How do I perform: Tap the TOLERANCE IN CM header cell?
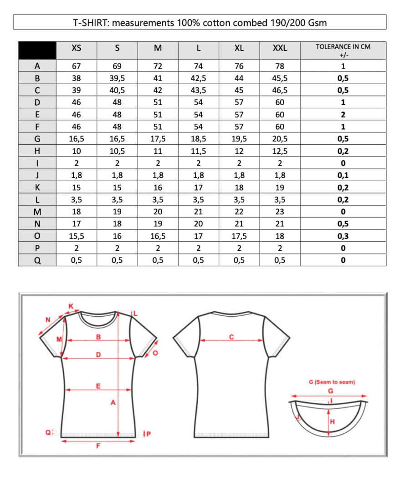point(343,50)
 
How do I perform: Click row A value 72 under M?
point(158,66)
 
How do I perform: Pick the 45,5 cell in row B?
point(280,78)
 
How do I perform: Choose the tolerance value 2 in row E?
point(343,115)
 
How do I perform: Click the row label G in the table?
point(37,139)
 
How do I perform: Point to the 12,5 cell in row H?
point(280,151)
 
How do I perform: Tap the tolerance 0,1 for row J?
point(343,175)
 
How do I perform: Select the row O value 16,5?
point(158,236)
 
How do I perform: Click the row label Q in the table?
point(37,260)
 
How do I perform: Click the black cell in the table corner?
point(37,50)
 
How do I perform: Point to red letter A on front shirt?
point(113,402)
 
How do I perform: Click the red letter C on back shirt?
point(231,337)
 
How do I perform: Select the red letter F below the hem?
point(98,446)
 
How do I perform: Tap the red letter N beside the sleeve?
point(48,319)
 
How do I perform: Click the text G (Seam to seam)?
point(332,382)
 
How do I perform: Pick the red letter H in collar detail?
point(332,422)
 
